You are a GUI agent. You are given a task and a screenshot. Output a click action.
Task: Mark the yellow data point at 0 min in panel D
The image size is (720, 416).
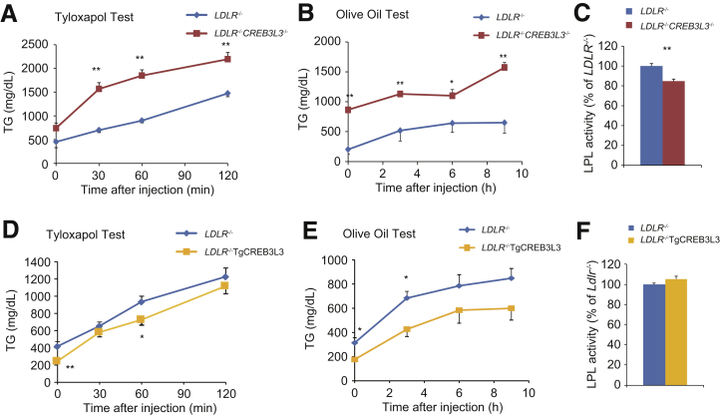tap(56, 360)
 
